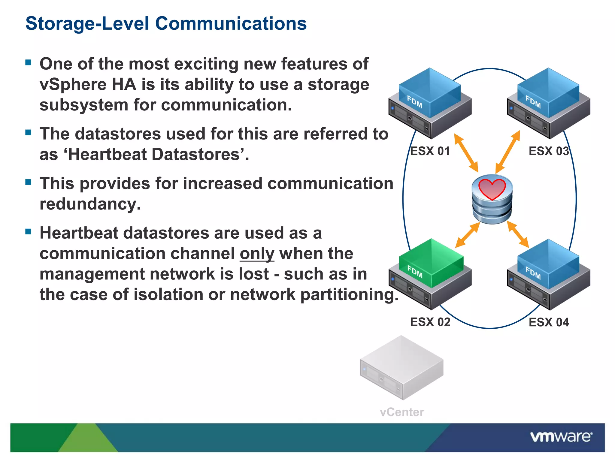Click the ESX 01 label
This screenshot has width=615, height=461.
430,151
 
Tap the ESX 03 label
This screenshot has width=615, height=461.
549,151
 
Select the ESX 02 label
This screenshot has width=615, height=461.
430,322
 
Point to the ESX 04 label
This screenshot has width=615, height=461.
549,322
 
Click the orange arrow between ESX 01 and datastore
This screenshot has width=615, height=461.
466,153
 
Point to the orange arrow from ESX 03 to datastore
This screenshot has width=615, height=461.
508,152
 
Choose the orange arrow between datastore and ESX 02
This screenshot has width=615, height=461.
468,235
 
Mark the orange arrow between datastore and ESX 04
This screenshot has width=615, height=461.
518,234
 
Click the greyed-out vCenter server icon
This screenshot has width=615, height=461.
402,368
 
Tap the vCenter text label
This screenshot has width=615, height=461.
402,412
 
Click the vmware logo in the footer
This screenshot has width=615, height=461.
561,437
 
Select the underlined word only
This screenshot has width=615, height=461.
257,254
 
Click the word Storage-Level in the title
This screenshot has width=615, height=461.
87,23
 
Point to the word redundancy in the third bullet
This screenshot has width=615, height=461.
90,204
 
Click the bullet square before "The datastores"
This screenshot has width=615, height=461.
29,132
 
